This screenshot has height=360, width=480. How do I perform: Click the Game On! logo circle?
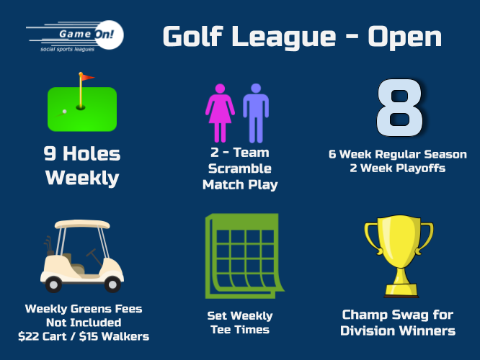click(x=109, y=35)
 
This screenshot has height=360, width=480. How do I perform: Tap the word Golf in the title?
click(x=192, y=37)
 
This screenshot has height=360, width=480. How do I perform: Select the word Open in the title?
click(x=405, y=37)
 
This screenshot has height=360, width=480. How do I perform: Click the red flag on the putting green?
click(x=87, y=77)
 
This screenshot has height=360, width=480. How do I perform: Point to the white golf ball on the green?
click(x=65, y=112)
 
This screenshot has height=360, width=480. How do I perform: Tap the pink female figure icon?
click(x=220, y=113)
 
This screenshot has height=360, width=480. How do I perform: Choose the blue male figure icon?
click(x=256, y=113)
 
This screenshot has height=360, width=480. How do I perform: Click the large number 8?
click(x=400, y=107)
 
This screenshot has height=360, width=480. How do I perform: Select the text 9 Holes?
click(x=82, y=153)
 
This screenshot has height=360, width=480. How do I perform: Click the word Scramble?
click(x=240, y=168)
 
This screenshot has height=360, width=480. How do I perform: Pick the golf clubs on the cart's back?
click(x=48, y=245)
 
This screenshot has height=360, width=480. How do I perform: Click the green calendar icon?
click(x=244, y=256)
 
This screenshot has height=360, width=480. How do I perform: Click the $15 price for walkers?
click(x=88, y=336)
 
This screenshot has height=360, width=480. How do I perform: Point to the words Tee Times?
click(x=240, y=330)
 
